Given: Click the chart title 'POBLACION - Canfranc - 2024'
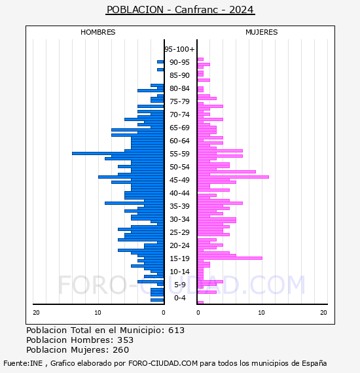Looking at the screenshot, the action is pyautogui.click(x=181, y=10).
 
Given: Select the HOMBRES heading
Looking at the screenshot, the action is pyautogui.click(x=98, y=32).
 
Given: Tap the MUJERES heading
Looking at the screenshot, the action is pyautogui.click(x=262, y=32).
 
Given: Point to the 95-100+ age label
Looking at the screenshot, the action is pyautogui.click(x=179, y=49).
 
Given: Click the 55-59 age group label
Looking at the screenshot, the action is pyautogui.click(x=179, y=154).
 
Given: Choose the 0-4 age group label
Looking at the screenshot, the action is pyautogui.click(x=179, y=298).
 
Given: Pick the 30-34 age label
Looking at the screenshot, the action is pyautogui.click(x=179, y=219).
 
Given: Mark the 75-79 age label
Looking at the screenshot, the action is pyautogui.click(x=179, y=101).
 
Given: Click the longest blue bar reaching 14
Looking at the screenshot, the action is pyautogui.click(x=118, y=153).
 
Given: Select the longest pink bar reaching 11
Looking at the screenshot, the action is pyautogui.click(x=233, y=177).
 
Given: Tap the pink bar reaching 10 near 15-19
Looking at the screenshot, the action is pyautogui.click(x=230, y=258).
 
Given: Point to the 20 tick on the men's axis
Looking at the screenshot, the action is pyautogui.click(x=36, y=313).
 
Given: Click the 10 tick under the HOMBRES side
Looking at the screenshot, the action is pyautogui.click(x=98, y=313).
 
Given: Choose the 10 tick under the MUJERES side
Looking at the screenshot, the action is pyautogui.click(x=261, y=313).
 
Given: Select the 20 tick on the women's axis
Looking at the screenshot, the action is pyautogui.click(x=323, y=313).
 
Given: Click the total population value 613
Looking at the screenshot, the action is pyautogui.click(x=176, y=330).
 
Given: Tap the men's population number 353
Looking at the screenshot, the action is pyautogui.click(x=126, y=340).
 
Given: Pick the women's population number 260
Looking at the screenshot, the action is pyautogui.click(x=121, y=349).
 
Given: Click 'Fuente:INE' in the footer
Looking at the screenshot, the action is pyautogui.click(x=23, y=363).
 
